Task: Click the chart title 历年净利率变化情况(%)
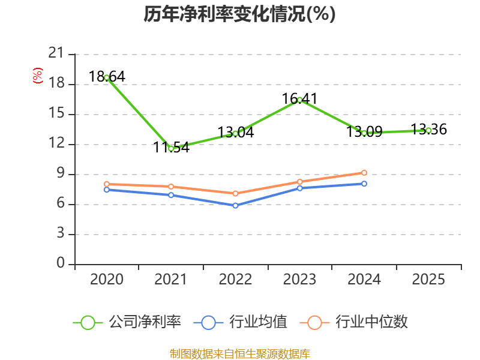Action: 239,14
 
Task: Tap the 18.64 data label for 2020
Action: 107,77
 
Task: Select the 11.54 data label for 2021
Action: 171,147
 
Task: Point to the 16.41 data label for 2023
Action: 299,98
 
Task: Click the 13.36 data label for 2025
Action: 428,129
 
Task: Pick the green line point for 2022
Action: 235,133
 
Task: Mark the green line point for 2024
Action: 364,133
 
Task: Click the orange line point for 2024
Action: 364,173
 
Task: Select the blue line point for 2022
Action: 235,206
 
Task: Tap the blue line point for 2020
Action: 107,190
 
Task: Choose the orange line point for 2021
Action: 171,187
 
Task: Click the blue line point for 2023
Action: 299,188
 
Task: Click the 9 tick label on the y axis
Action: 61,173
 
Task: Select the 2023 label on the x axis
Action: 299,279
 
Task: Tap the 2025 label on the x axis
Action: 428,279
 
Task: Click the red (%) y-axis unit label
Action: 38,76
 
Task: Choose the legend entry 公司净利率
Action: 127,322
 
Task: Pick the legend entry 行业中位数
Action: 353,322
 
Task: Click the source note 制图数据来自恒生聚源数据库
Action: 240,354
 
